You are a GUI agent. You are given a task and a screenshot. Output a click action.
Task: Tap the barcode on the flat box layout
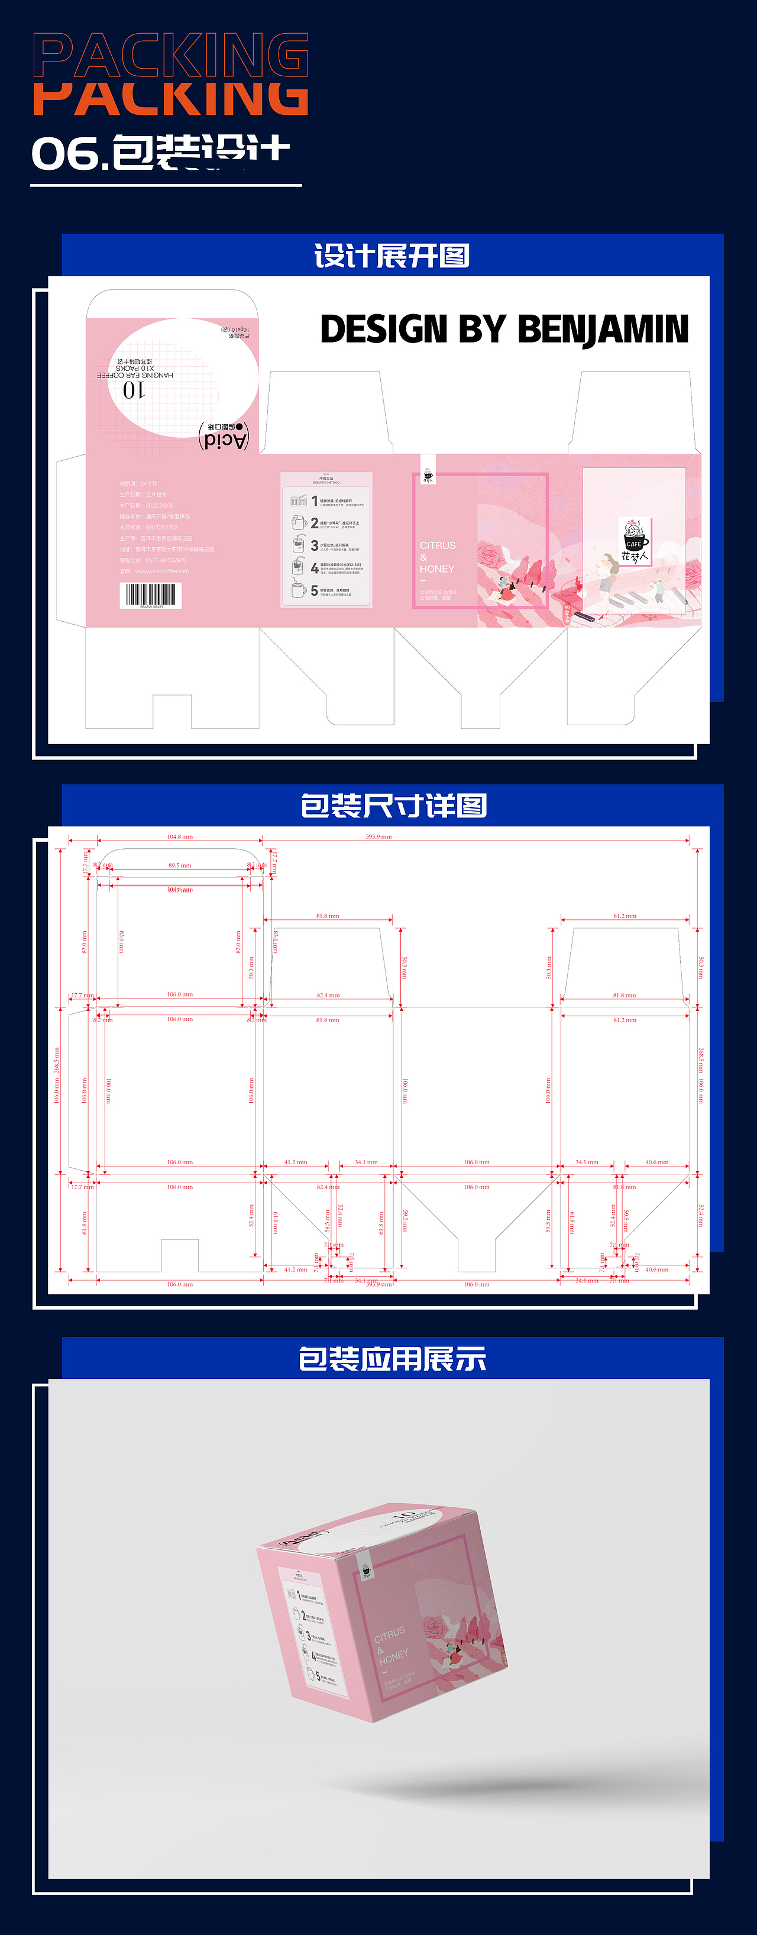150,595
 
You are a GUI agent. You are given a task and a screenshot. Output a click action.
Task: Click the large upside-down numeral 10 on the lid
134,390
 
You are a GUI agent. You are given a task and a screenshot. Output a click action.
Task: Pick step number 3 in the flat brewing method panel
315,545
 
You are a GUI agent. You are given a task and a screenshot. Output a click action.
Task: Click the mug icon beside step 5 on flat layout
299,590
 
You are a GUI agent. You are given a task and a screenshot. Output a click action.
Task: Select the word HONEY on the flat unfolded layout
437,570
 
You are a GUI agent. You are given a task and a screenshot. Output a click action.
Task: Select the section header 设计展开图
392,256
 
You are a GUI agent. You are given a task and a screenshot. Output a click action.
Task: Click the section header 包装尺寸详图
393,806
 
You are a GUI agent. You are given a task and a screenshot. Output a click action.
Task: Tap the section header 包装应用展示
392,1359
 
